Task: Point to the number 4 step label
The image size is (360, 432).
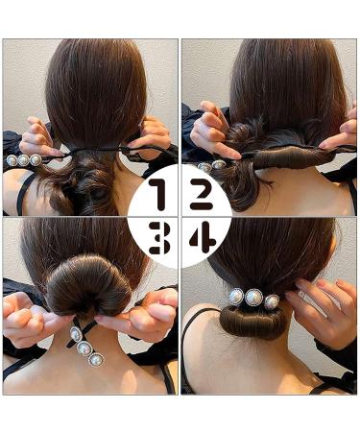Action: click(201, 237)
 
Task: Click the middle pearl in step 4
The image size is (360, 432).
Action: click(254, 298)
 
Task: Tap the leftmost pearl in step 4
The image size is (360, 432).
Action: click(236, 297)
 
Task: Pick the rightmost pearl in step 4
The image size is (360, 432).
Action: click(272, 301)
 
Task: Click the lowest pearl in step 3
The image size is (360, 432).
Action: click(96, 360)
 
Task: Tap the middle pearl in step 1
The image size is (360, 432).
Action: click(24, 160)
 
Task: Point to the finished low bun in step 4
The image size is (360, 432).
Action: click(252, 324)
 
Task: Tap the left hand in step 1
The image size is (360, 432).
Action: click(39, 136)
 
